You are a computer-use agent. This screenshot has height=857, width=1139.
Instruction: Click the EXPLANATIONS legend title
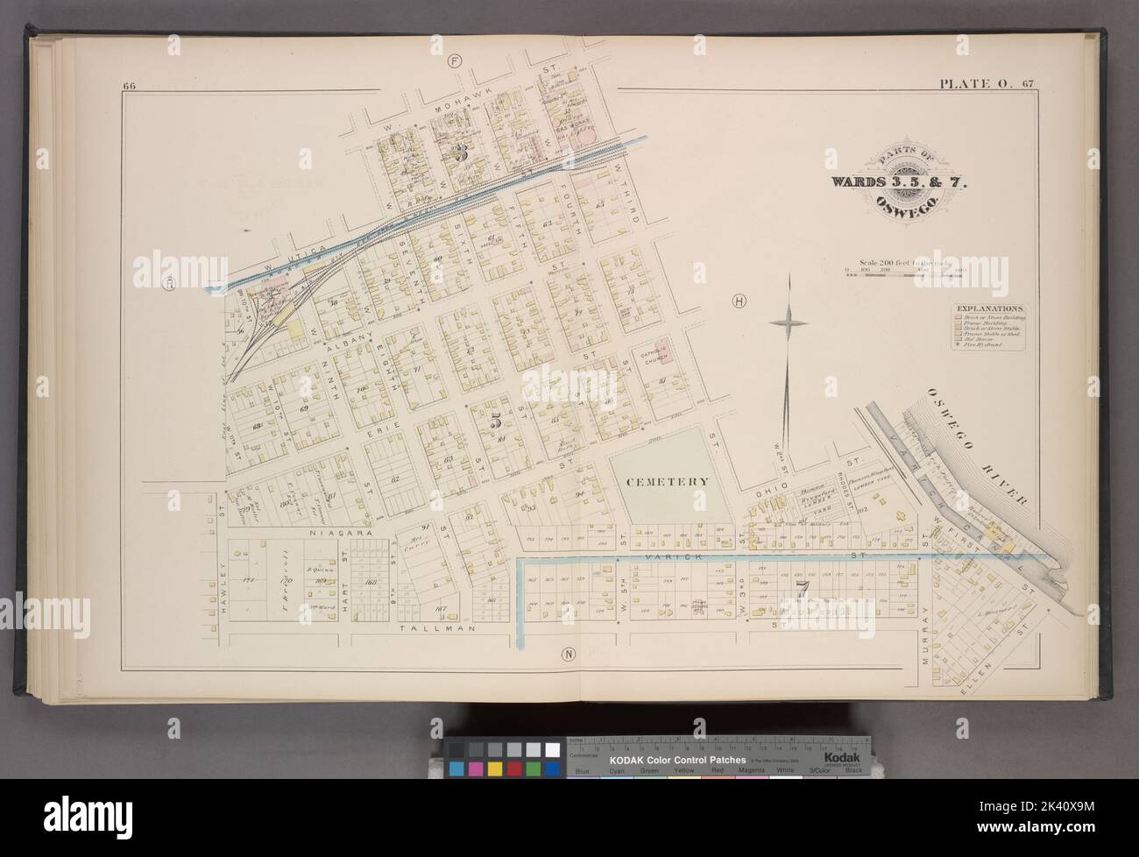[x=990, y=309]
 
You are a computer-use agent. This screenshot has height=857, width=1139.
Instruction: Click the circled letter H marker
[x=740, y=301]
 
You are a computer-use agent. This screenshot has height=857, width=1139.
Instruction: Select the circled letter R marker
[x=169, y=282]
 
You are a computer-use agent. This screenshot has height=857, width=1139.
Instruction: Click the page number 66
[x=130, y=85]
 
